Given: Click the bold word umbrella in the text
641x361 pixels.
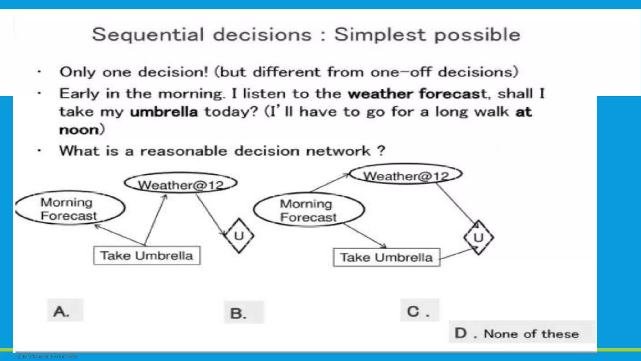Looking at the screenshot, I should pyautogui.click(x=164, y=112).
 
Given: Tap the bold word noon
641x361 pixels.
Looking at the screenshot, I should pyautogui.click(x=79, y=130).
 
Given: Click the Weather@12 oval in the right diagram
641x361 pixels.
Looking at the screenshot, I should pyautogui.click(x=406, y=175).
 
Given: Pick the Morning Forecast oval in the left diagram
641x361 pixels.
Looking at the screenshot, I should pyautogui.click(x=69, y=208).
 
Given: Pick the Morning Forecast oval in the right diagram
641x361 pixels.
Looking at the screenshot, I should pyautogui.click(x=309, y=210).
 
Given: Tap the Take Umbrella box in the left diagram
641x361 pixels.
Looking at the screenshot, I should pyautogui.click(x=147, y=256).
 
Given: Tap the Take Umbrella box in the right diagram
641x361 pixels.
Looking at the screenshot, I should pyautogui.click(x=387, y=258).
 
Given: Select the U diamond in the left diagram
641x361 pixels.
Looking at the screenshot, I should pyautogui.click(x=239, y=236).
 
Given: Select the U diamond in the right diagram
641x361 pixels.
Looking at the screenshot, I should pyautogui.click(x=478, y=238).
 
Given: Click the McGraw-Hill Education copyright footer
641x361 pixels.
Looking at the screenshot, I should pyautogui.click(x=47, y=357).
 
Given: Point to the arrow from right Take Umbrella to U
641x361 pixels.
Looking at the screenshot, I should pyautogui.click(x=458, y=253).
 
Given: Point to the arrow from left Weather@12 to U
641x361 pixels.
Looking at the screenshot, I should pyautogui.click(x=210, y=214).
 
